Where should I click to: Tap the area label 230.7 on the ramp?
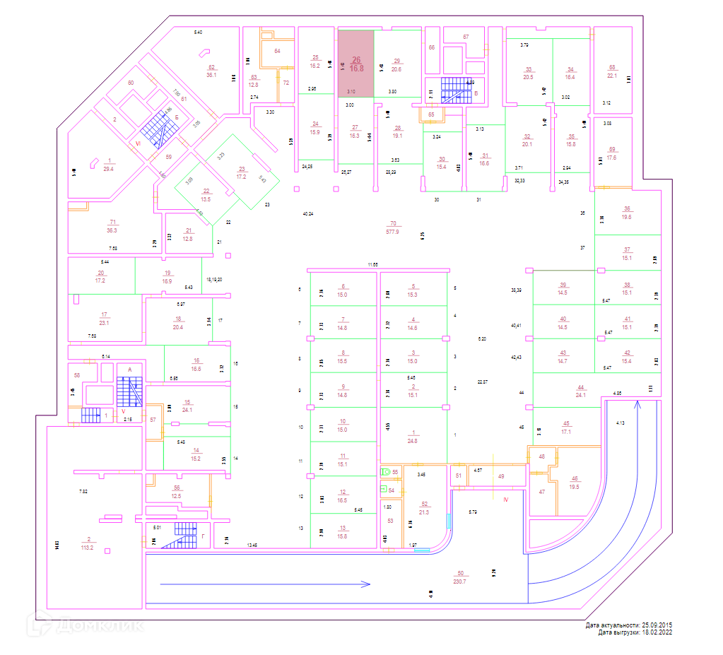click(x=461, y=581)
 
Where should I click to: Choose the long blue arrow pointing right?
click(x=265, y=584)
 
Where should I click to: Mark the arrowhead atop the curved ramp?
click(x=638, y=405)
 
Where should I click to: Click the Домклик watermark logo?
click(x=86, y=625)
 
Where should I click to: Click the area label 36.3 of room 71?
click(x=112, y=230)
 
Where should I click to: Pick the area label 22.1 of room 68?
click(x=612, y=76)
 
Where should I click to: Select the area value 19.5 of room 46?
click(x=574, y=487)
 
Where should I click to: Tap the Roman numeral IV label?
click(x=505, y=500)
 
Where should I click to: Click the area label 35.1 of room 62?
click(x=211, y=75)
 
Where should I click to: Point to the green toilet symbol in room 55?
click(x=386, y=471)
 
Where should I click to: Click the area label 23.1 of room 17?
click(x=104, y=323)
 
